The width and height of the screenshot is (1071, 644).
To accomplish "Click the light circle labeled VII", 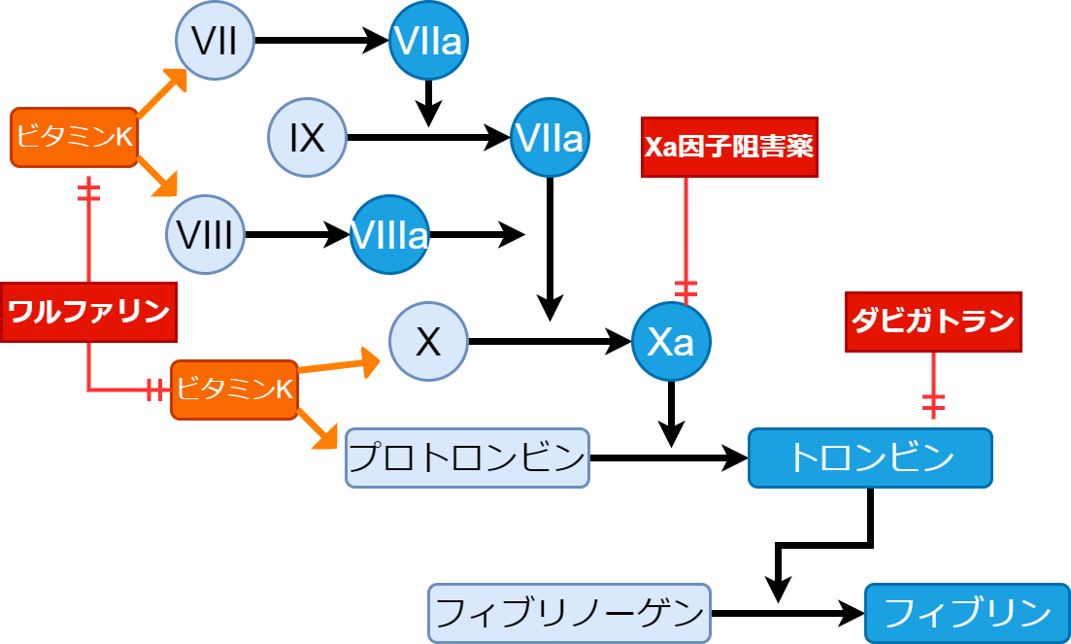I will click(x=215, y=41).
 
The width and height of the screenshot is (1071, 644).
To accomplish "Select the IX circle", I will click(x=307, y=138).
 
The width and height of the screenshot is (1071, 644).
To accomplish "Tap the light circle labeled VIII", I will click(x=205, y=235).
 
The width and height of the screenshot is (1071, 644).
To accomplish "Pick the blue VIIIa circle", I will click(x=389, y=235).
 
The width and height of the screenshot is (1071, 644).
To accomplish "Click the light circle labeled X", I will click(x=428, y=341).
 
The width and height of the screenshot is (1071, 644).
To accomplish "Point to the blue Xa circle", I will click(x=671, y=341).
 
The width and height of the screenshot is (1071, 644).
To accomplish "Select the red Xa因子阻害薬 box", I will click(x=729, y=147).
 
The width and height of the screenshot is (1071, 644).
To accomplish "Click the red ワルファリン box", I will click(x=88, y=312).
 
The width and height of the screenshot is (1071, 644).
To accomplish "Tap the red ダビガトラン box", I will click(x=933, y=322).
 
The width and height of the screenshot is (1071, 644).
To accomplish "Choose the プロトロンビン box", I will click(x=467, y=458).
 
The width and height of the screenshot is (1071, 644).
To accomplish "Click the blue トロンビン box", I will click(x=870, y=458).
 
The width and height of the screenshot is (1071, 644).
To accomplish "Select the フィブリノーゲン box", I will click(x=569, y=613).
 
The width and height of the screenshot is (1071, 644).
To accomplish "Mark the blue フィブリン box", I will click(x=967, y=613).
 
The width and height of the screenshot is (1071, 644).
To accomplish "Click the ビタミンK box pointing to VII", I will click(x=74, y=137).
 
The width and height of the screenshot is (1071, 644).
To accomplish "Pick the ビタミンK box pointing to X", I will click(x=234, y=390).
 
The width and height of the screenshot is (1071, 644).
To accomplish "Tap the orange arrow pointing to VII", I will click(x=161, y=92).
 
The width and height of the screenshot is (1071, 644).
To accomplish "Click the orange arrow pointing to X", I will click(x=340, y=365).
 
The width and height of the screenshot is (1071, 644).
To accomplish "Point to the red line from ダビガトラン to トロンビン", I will click(x=933, y=386).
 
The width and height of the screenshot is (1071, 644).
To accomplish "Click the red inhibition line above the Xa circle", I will click(x=686, y=238).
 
